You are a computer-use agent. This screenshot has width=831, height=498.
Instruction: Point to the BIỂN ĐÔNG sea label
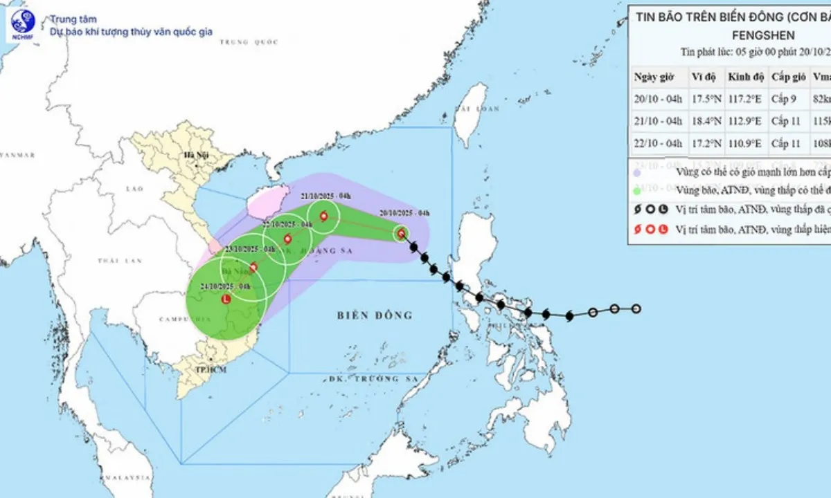point(375,315)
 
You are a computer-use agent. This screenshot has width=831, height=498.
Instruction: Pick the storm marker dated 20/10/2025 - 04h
point(402,234)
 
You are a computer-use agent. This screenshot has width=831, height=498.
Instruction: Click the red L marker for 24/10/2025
point(226,299)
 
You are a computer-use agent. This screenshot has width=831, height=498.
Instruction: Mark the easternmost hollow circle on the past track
point(636,308)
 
